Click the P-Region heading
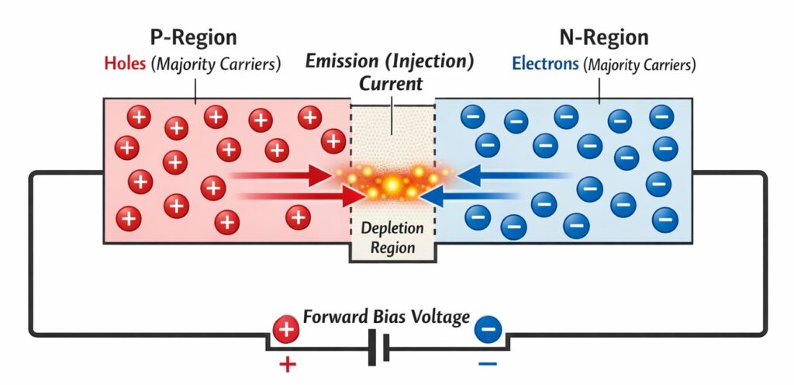[195, 37]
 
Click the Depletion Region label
[392, 238]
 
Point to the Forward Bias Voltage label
[386, 317]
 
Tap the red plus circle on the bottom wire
[286, 330]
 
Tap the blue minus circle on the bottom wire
[487, 330]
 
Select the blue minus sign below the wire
[487, 363]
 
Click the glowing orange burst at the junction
[392, 185]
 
